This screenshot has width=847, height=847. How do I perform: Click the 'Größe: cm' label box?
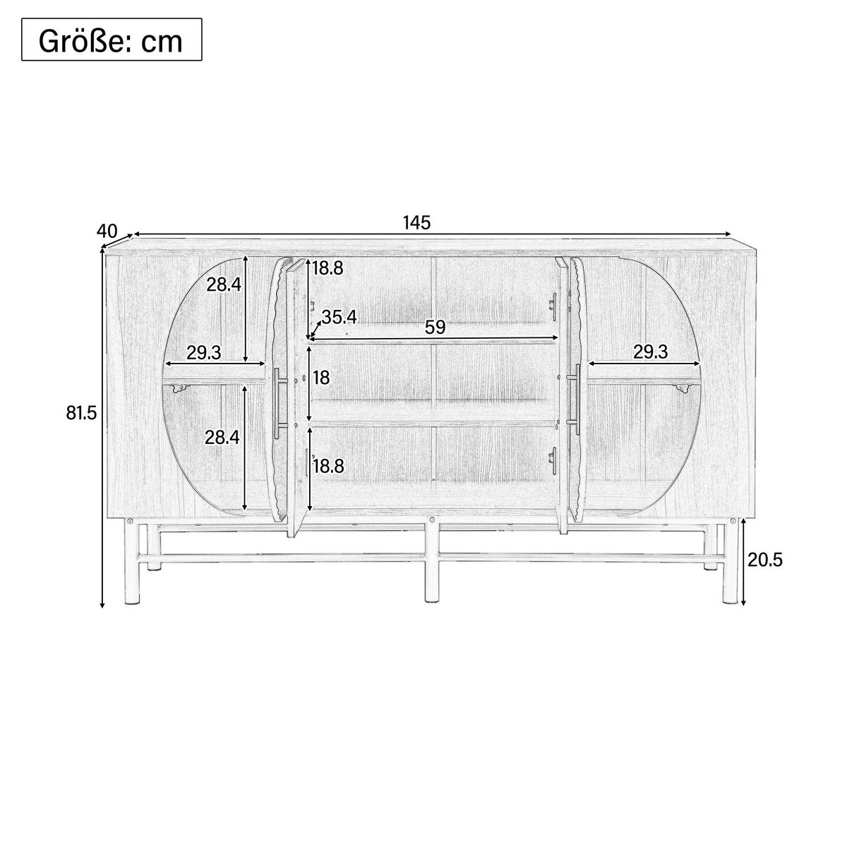click(x=112, y=40)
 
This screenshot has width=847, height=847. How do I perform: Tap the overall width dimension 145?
click(x=416, y=223)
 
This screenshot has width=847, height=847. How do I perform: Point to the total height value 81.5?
click(x=81, y=413)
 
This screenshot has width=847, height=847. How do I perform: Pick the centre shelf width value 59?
click(x=435, y=328)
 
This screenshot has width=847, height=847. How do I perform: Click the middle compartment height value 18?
click(x=321, y=377)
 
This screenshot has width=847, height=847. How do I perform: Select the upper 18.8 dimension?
click(x=328, y=268)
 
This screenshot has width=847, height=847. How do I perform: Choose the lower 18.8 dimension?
click(x=328, y=466)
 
